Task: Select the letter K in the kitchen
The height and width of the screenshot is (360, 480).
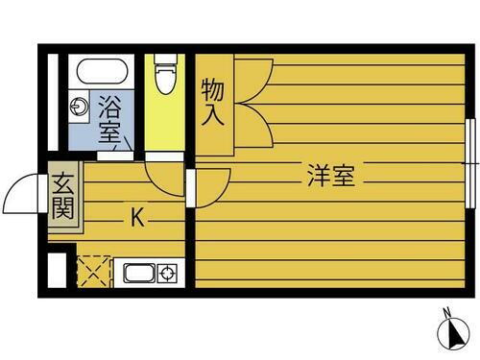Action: click(x=137, y=218)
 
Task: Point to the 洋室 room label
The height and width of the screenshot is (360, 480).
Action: click(x=331, y=177)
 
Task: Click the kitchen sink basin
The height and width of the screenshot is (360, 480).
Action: click(x=137, y=275)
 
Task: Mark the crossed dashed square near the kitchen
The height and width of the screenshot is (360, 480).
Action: click(x=92, y=270)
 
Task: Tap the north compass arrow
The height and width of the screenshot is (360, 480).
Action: click(x=447, y=333)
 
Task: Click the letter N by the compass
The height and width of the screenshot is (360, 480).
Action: click(x=447, y=310)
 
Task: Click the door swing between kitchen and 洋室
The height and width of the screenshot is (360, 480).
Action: click(x=212, y=186)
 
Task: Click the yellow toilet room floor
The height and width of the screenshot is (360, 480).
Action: click(x=165, y=120)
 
